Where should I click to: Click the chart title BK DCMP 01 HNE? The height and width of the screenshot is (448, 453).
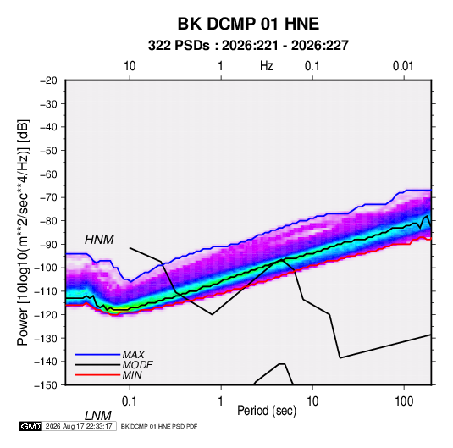[x=248, y=24]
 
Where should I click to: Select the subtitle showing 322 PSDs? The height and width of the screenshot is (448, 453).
[x=248, y=46]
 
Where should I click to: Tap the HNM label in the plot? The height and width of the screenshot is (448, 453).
[x=99, y=240]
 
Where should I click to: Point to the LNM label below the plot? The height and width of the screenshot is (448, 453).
[x=98, y=416]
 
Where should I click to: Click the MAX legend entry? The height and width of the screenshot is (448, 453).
[x=133, y=354]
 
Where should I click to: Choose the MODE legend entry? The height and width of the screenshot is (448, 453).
[x=137, y=365]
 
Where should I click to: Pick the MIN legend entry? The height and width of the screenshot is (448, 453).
[x=132, y=375]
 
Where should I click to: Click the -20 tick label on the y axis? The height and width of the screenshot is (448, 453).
[x=48, y=80]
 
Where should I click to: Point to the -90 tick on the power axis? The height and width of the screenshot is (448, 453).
[x=48, y=244]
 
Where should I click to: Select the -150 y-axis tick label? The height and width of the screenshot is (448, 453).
[x=46, y=385]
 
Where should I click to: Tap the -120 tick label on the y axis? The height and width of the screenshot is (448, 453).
[x=46, y=315]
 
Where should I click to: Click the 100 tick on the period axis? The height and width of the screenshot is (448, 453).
[x=404, y=401]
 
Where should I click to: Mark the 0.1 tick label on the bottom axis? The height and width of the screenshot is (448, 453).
[x=130, y=401]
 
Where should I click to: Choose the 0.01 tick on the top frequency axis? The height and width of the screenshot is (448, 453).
[x=403, y=66]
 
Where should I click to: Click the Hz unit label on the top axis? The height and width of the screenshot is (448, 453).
[x=267, y=66]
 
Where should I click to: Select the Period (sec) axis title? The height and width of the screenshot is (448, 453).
[x=267, y=411]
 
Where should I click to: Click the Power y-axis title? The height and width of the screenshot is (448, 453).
[x=23, y=233]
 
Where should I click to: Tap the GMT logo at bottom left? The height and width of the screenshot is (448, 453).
[x=31, y=426]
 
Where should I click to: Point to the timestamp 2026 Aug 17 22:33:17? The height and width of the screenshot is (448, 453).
[x=79, y=426]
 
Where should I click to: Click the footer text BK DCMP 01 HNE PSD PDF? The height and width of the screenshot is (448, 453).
[x=159, y=426]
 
